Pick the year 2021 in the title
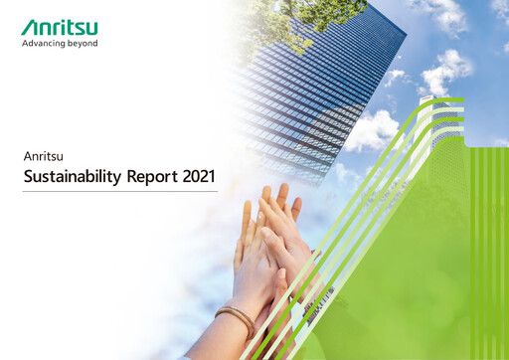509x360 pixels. click(199, 177)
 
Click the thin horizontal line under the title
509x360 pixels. click(119, 192)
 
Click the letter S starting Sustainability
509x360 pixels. click(28, 177)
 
